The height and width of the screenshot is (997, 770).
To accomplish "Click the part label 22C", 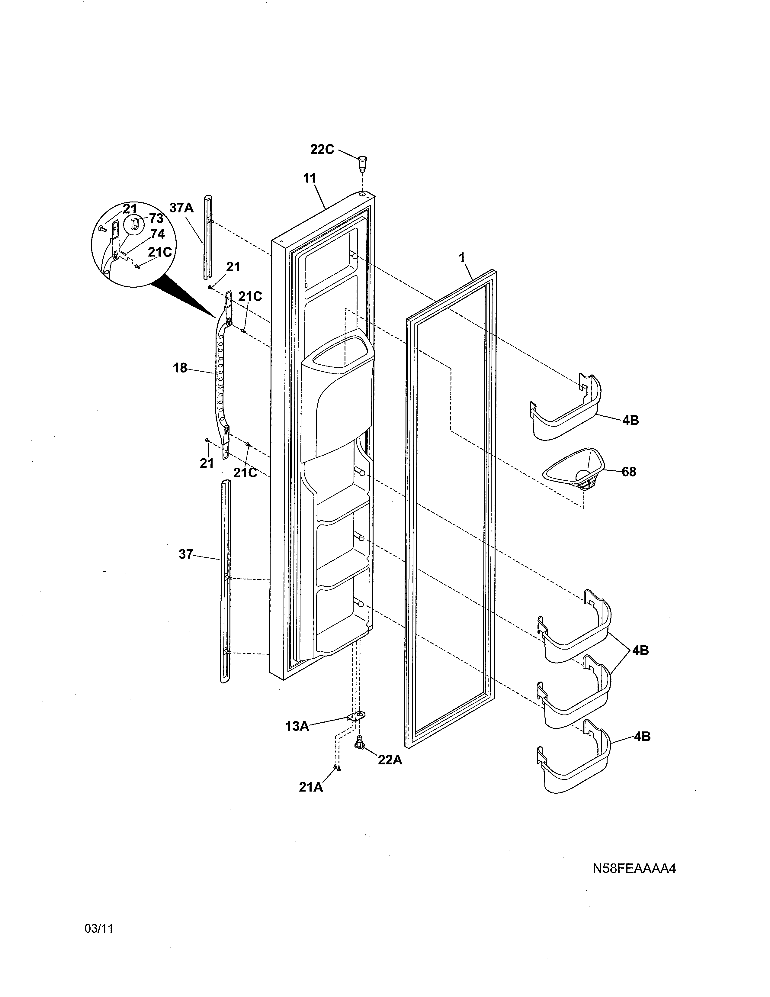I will tap(322, 149).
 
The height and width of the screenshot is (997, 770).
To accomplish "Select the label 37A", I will tap(181, 208).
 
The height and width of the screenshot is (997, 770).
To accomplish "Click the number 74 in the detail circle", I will tap(157, 234).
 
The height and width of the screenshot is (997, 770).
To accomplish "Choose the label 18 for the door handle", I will tap(180, 368).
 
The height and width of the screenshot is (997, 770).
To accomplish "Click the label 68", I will tap(629, 472).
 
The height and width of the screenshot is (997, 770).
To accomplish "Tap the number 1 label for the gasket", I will tap(462, 258).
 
